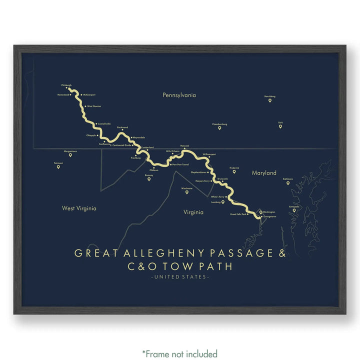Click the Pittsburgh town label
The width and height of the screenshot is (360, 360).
pos(66,85)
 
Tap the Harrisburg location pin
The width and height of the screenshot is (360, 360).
pos(270,100)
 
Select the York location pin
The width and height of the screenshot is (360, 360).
pos(280,126)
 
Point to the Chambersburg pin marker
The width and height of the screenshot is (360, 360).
pos(219,128)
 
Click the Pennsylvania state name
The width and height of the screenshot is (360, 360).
pos(179,94)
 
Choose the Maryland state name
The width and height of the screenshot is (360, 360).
pos(264,173)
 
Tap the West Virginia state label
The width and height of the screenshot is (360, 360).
pos(79,208)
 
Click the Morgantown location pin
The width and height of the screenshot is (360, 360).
pos(70,155)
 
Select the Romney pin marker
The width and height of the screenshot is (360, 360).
pos(148,179)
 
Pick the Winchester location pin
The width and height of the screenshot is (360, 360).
pos(186,192)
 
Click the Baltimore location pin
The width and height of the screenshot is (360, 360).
pos(287,183)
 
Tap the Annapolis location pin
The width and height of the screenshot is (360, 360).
pos(294,210)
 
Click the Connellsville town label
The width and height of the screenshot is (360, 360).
pos(104,123)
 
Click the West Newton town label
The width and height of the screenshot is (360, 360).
pos(93,106)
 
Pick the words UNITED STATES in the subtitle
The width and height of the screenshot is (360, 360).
pos(180,277)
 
